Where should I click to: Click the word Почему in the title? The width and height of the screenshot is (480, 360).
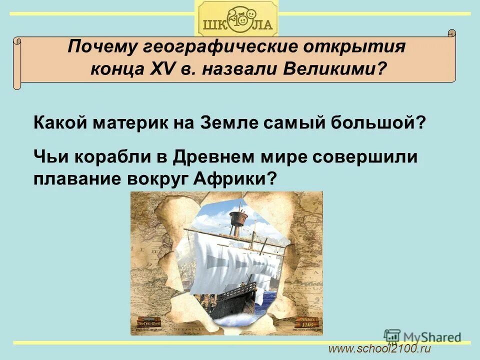96,48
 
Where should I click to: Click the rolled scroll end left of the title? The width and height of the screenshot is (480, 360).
18,62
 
